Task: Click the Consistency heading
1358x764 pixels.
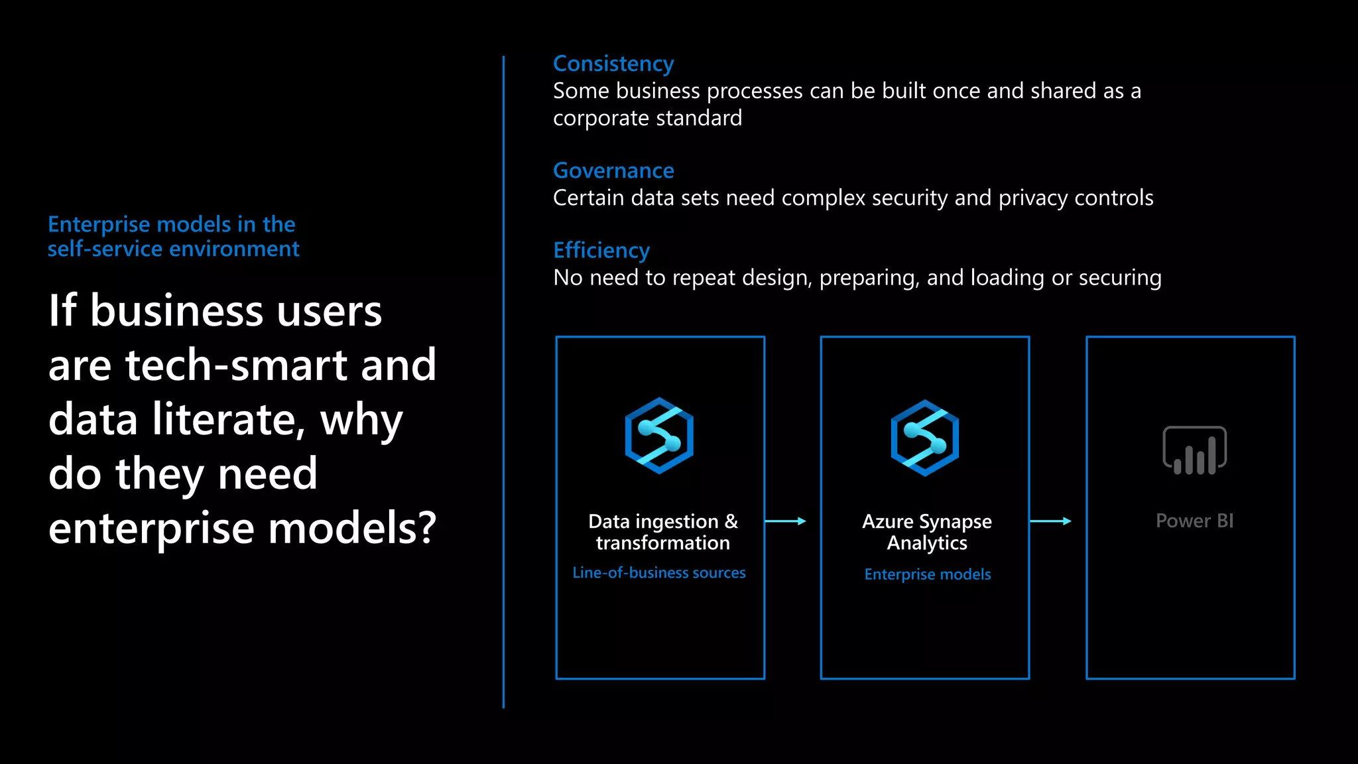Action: [x=613, y=64]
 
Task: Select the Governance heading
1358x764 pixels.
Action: [x=613, y=170]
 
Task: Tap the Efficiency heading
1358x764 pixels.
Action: [x=601, y=250]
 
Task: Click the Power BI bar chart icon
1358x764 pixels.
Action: [x=1194, y=450]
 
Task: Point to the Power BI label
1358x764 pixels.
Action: [x=1194, y=521]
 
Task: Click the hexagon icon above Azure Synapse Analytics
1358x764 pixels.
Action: [x=924, y=438]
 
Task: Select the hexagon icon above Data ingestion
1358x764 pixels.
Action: [x=659, y=436]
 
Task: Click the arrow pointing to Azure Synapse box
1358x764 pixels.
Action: [x=786, y=521]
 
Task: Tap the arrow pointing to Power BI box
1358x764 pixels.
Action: [x=1051, y=521]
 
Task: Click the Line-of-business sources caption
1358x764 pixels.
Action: [x=659, y=572]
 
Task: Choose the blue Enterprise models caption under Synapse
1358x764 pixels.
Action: [x=928, y=574]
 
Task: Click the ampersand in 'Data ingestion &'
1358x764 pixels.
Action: [x=731, y=521]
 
